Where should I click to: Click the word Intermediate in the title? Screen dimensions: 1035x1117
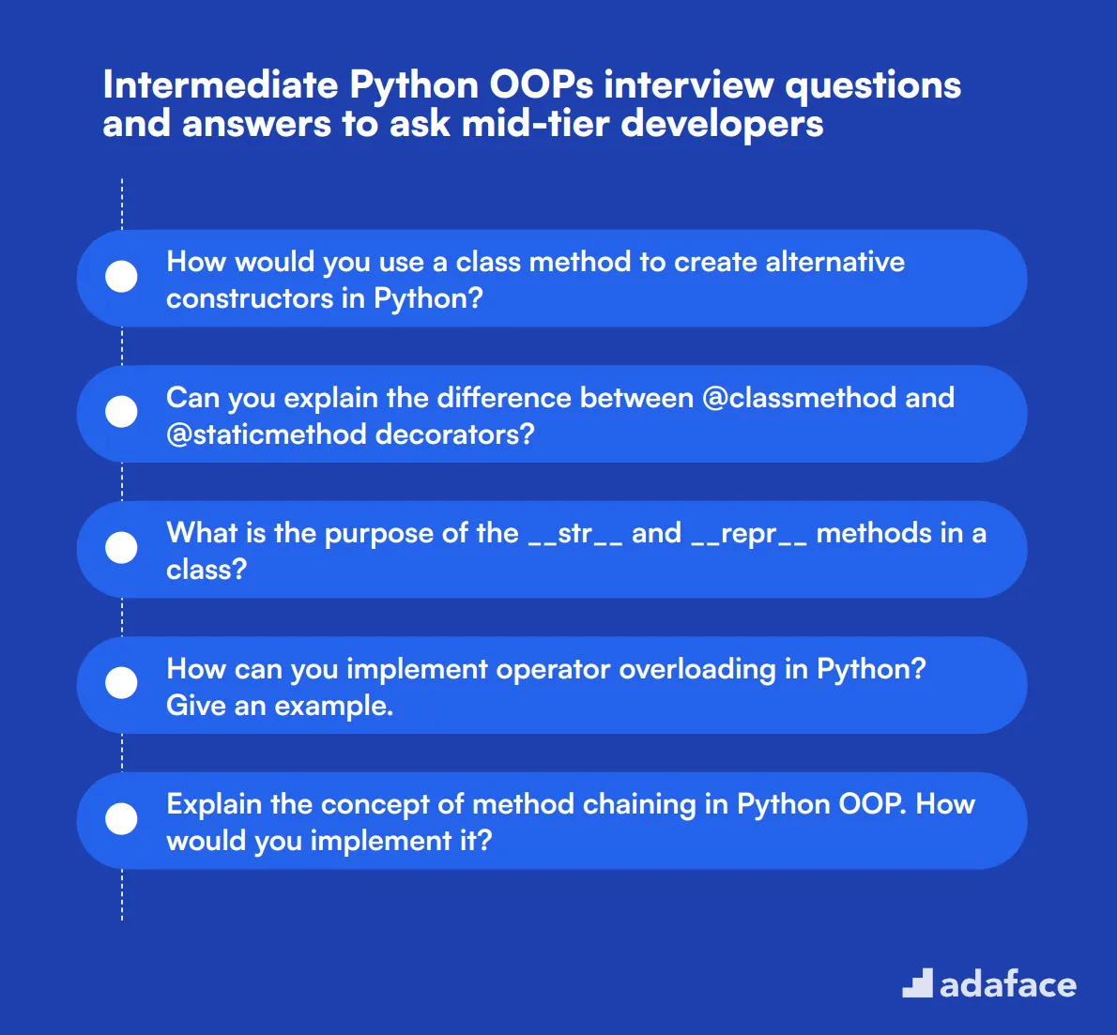pos(221,85)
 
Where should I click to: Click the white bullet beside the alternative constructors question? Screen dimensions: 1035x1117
pos(122,277)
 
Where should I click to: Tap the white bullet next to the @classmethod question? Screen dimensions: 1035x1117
pos(122,412)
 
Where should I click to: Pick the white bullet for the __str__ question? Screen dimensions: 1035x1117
pos(122,548)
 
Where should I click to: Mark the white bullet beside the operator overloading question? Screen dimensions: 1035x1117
pos(122,683)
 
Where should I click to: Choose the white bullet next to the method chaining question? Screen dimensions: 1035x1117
pos(122,819)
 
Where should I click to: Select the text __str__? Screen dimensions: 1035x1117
pos(575,534)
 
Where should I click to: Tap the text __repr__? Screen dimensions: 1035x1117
pos(749,534)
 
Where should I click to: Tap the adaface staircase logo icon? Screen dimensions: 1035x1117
pos(917,983)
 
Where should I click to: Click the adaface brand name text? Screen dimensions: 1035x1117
pos(1008,984)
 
